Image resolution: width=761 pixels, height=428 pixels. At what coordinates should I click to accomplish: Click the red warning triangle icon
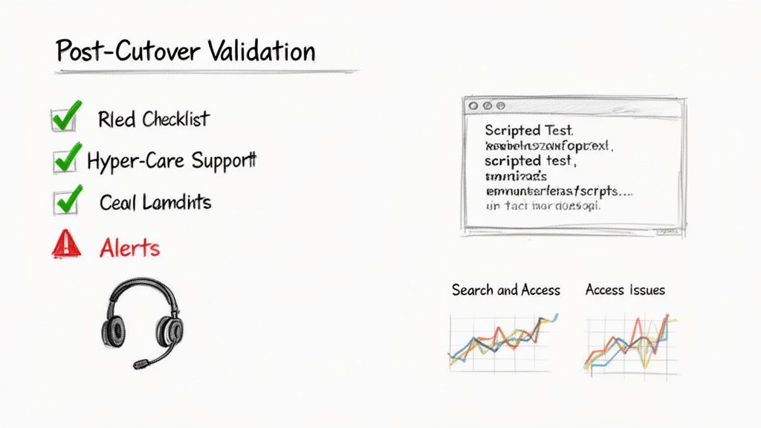65,245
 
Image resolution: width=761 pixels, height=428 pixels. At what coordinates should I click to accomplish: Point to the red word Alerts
129,247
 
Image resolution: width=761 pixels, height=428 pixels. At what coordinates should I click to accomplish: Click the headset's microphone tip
139,363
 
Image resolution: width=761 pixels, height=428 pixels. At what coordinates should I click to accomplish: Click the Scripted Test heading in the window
528,131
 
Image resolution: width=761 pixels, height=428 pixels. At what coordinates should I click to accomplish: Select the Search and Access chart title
505,290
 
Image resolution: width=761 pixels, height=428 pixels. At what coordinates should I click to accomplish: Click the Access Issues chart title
625,290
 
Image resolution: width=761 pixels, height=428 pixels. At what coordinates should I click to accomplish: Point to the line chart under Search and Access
502,341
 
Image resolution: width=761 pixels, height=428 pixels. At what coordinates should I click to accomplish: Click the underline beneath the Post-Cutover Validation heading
207,72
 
